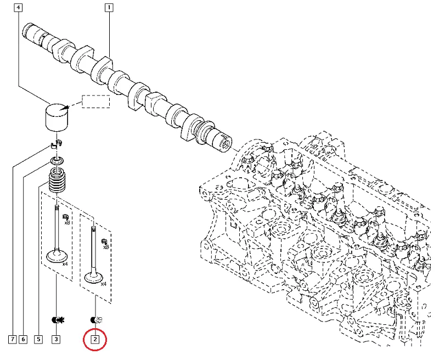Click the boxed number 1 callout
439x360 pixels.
[109, 8]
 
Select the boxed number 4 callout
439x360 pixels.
[19, 8]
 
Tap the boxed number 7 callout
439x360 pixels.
[12, 340]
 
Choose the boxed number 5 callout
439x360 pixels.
[38, 340]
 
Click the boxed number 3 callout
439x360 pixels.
[56, 340]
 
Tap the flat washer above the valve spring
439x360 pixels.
[57, 161]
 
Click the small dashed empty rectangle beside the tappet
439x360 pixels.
[96, 102]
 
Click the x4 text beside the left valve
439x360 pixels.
[65, 264]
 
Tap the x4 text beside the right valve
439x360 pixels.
[103, 284]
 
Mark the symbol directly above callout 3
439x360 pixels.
[56, 319]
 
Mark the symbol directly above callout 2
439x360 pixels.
[95, 319]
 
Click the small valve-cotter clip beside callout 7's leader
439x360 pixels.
[56, 144]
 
